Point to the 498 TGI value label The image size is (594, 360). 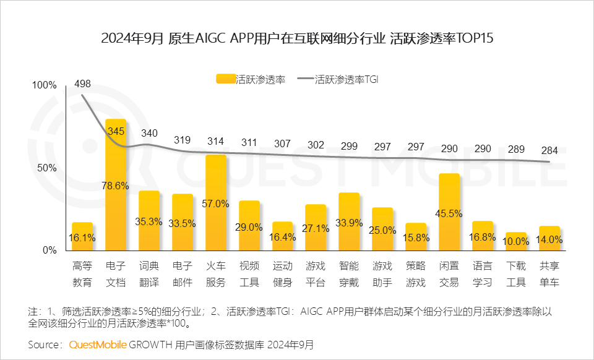click(82, 84)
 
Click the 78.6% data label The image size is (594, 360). click(116, 186)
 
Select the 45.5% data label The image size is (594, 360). click(449, 213)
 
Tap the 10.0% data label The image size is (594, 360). click(516, 241)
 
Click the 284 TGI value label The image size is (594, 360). click(549, 152)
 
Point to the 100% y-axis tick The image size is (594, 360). click(44, 85)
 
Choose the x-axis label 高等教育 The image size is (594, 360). click(82, 274)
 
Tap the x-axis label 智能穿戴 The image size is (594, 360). click(349, 274)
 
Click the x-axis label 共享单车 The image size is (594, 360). click(549, 274)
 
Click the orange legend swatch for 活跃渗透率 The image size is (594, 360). click(225, 79)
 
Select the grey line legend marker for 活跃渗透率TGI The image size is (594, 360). click(305, 79)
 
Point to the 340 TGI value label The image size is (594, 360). click(149, 133)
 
